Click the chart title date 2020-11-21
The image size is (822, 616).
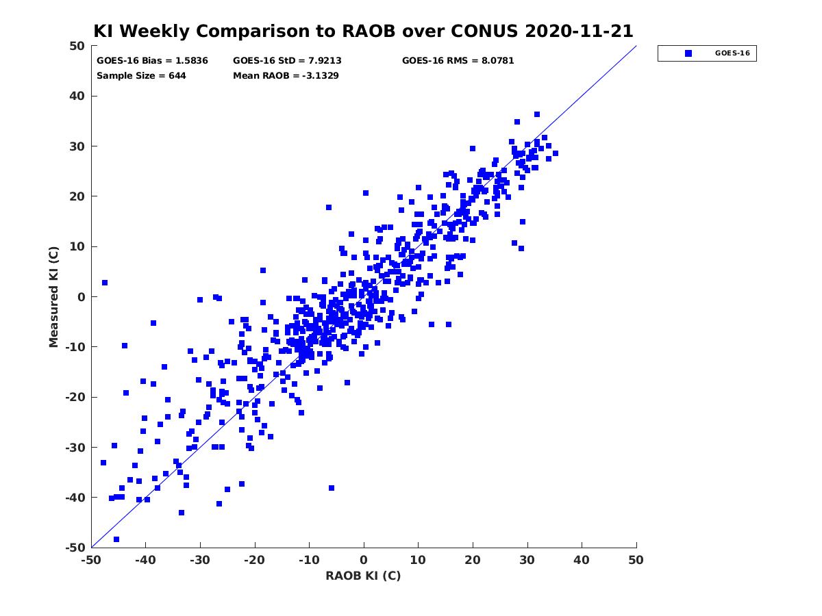579,31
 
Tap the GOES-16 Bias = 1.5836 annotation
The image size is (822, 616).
152,61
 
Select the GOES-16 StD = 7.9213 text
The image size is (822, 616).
287,61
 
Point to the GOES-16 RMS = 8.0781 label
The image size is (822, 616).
458,61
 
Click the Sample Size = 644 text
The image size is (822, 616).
141,76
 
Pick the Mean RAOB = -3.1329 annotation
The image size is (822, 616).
286,76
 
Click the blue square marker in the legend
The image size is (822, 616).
688,53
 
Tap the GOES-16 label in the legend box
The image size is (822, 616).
732,53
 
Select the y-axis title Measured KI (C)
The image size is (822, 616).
53,296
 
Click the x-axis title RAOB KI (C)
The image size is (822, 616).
363,576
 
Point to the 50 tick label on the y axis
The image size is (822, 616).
77,46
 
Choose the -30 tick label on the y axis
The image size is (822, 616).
75,448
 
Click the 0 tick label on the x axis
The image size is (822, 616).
364,560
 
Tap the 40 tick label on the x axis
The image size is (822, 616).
582,560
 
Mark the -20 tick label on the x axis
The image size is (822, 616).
254,560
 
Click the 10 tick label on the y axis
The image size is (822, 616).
77,247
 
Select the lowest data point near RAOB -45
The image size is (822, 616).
116,539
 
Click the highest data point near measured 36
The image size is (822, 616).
537,114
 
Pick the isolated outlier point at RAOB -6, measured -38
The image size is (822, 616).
332,488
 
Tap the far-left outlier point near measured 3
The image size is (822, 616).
105,283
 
